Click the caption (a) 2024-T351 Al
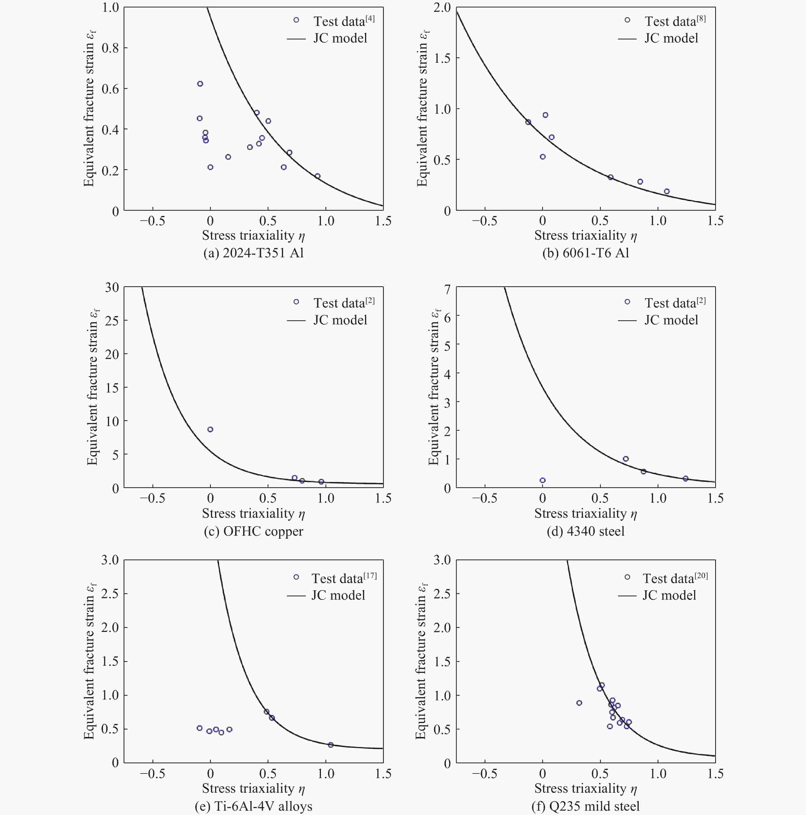point(253,253)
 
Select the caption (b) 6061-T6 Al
point(585,253)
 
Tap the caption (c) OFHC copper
point(253,531)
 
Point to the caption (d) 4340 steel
point(585,531)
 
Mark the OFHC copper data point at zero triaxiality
point(210,429)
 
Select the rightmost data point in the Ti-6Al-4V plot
point(331,745)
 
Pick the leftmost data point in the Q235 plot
point(579,703)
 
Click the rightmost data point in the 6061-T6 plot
point(667,192)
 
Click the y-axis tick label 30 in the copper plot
point(112,288)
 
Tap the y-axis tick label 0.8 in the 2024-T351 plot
point(111,48)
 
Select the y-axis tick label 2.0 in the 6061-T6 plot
point(442,8)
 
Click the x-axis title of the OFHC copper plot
point(253,513)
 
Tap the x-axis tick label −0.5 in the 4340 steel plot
point(484,498)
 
